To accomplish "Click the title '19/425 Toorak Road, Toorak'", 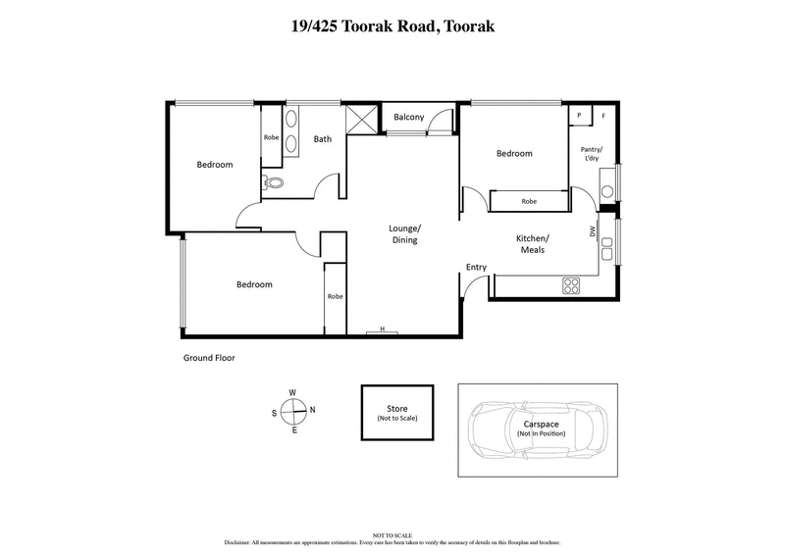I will [392, 26].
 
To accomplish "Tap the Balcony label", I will [408, 118].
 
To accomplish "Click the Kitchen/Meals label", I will [534, 244].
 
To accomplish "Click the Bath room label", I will [322, 139].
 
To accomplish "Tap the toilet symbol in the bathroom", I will [274, 182].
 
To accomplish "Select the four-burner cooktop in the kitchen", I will [571, 285].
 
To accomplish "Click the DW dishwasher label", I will [593, 232].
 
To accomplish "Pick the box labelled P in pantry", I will [580, 116].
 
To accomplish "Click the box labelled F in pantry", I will [602, 116].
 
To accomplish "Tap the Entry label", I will [476, 267].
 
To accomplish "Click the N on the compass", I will [312, 410].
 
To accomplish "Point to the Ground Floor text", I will [209, 358].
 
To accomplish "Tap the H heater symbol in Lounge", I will [382, 331].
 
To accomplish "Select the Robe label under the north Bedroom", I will [529, 201].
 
